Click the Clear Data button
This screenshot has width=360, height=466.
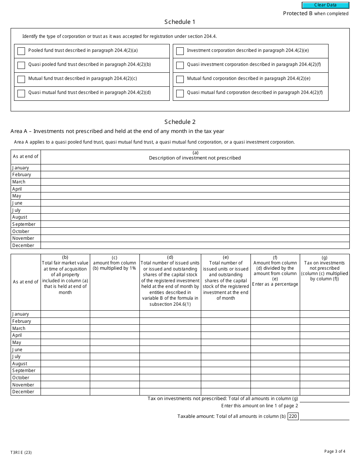[325, 5]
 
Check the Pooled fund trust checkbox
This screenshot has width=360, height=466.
[21, 51]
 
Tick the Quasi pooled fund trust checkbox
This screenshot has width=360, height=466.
[21, 65]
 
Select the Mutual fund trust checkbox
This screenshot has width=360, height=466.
[21, 79]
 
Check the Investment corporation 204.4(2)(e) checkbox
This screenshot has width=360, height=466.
[180, 51]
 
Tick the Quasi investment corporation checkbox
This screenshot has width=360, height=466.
[180, 65]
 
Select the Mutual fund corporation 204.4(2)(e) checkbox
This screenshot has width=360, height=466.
[180, 79]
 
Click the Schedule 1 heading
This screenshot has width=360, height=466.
[180, 22]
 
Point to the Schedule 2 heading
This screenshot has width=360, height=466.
[180, 122]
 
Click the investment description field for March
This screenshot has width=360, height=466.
[195, 182]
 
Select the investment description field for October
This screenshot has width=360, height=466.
[195, 231]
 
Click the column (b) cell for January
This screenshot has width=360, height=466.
[65, 314]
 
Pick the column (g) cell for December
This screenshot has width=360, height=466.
[324, 392]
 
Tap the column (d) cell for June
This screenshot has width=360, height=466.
[170, 350]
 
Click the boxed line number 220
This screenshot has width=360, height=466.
[293, 416]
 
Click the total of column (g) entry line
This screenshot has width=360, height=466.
[324, 399]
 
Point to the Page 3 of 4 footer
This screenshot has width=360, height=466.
[335, 451]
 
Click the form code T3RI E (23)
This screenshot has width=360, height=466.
[21, 452]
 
